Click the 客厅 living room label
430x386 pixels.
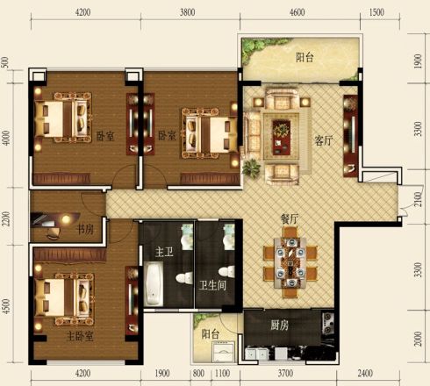[324, 140]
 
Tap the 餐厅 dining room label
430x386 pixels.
[290, 218]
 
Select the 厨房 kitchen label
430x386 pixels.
[279, 325]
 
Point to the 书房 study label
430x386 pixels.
[85, 229]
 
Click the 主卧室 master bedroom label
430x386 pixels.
[80, 336]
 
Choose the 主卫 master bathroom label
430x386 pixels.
[164, 252]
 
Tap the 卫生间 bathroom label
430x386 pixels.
[212, 285]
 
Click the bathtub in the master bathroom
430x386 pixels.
[154, 283]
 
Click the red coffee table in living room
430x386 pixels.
[282, 137]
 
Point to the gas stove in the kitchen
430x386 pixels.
[327, 323]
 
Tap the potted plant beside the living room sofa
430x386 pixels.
[251, 168]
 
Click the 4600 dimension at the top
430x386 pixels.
[297, 12]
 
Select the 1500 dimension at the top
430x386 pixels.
[376, 12]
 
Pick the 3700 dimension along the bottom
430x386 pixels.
[285, 373]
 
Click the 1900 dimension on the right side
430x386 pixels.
[419, 61]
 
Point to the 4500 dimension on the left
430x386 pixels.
[6, 306]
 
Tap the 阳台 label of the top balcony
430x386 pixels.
[305, 57]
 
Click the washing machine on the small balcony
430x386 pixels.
[224, 352]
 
